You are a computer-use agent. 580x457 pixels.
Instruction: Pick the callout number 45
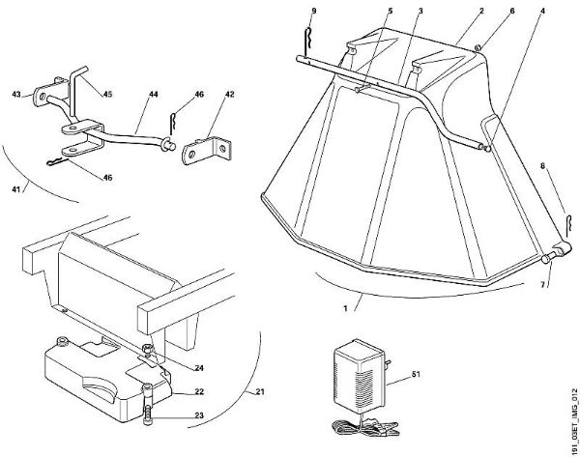click(x=107, y=94)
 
